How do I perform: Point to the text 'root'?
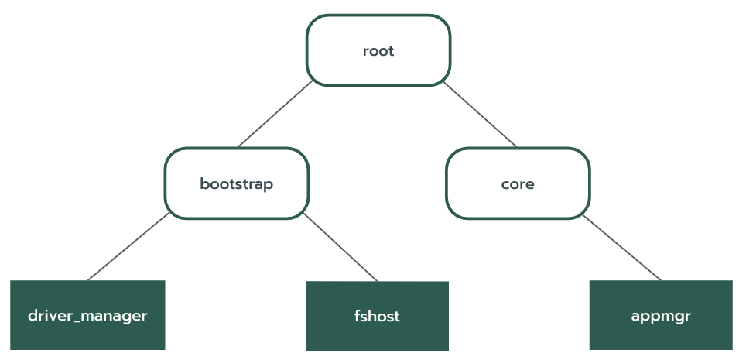click(x=378, y=51)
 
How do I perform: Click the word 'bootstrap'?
click(x=237, y=185)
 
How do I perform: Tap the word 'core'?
click(x=518, y=184)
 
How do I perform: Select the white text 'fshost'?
click(x=377, y=317)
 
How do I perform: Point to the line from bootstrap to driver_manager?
click(x=128, y=246)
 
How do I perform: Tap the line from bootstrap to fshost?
click(x=340, y=247)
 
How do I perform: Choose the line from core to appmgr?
click(x=622, y=247)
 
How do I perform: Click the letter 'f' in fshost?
click(x=357, y=316)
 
